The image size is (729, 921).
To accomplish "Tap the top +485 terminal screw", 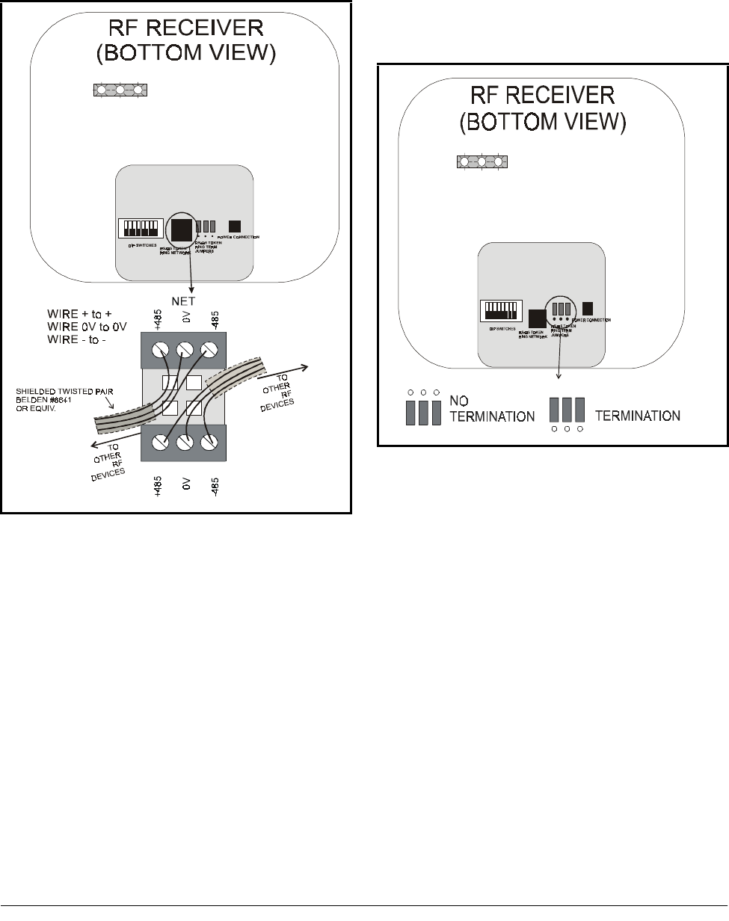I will (x=160, y=349).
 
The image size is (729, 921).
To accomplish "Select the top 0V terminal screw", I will (x=185, y=349).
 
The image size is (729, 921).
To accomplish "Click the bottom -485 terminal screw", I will (x=210, y=442).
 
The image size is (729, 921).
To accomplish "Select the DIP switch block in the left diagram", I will (x=141, y=227).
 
